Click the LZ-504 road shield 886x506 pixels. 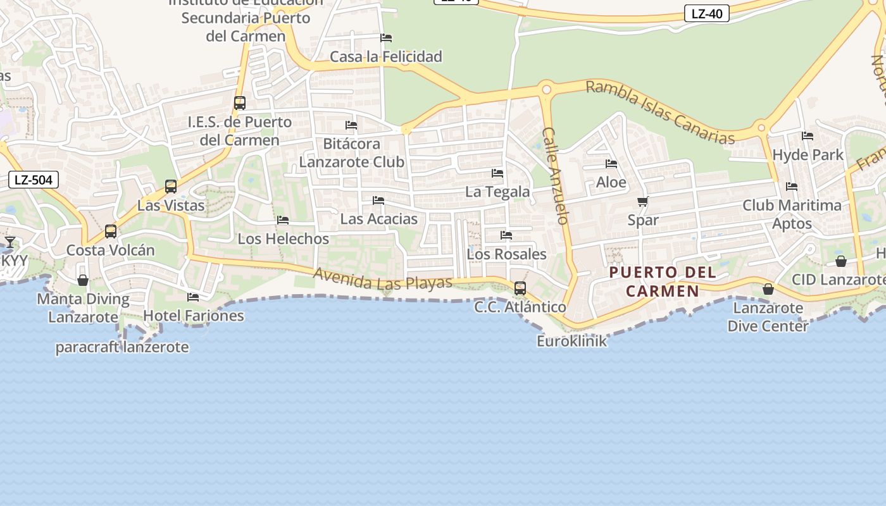34,180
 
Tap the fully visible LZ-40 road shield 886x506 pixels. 707,13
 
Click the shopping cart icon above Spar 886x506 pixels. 643,202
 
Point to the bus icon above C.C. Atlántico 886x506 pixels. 520,288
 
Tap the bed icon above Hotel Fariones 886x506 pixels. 193,297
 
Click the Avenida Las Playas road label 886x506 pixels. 383,279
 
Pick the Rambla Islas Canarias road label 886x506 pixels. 660,112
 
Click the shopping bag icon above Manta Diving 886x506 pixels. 83,280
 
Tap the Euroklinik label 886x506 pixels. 571,342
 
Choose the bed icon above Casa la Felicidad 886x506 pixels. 386,38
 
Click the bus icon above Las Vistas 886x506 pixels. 171,187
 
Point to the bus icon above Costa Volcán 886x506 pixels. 111,231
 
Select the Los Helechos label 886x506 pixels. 284,239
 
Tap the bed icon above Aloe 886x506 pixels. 611,164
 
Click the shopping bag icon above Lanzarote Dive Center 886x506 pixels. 768,289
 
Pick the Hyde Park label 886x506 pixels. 808,155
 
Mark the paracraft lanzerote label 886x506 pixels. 122,347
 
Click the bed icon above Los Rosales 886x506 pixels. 506,235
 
